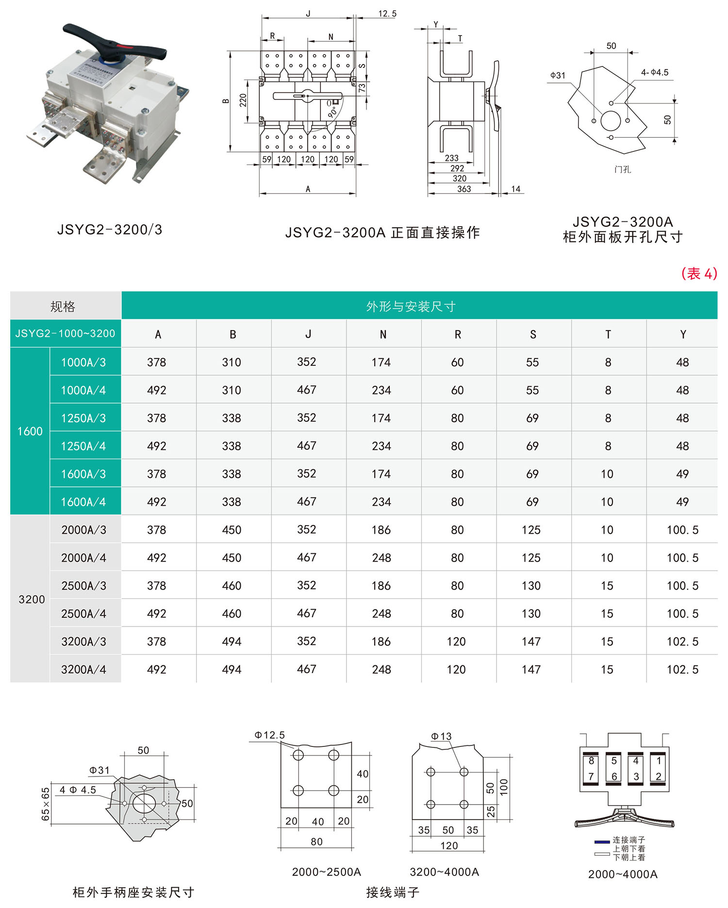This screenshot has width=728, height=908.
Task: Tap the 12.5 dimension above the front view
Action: (387, 14)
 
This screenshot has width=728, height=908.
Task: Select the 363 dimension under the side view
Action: (464, 189)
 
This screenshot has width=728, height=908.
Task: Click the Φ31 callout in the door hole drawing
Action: (558, 75)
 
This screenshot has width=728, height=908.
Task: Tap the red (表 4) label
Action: (699, 274)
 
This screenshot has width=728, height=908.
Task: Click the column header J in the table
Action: (308, 334)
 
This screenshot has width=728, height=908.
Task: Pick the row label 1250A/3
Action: (83, 418)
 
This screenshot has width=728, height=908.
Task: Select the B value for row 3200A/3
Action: (232, 642)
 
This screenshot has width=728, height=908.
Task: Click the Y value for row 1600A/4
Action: (682, 502)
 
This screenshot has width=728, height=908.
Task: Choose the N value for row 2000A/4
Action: (381, 558)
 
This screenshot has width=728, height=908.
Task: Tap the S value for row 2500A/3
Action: (531, 586)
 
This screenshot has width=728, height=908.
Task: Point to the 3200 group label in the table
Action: (32, 599)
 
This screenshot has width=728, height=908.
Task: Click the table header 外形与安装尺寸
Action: (411, 306)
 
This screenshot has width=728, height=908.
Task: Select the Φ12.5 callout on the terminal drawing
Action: (270, 735)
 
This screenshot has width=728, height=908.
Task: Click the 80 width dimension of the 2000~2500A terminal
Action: (316, 842)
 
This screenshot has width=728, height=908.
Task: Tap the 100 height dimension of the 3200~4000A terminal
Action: (504, 786)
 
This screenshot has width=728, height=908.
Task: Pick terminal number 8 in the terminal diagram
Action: (591, 760)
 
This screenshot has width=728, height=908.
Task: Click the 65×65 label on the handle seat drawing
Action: (46, 804)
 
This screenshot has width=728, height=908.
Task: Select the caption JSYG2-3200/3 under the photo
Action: (110, 230)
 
